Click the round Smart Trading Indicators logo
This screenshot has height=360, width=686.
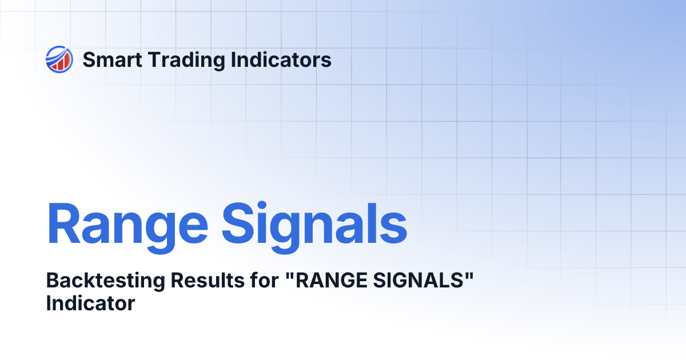pos(59,59)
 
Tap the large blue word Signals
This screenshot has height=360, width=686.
pos(315,224)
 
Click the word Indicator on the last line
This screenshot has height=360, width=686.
pos(90,303)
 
